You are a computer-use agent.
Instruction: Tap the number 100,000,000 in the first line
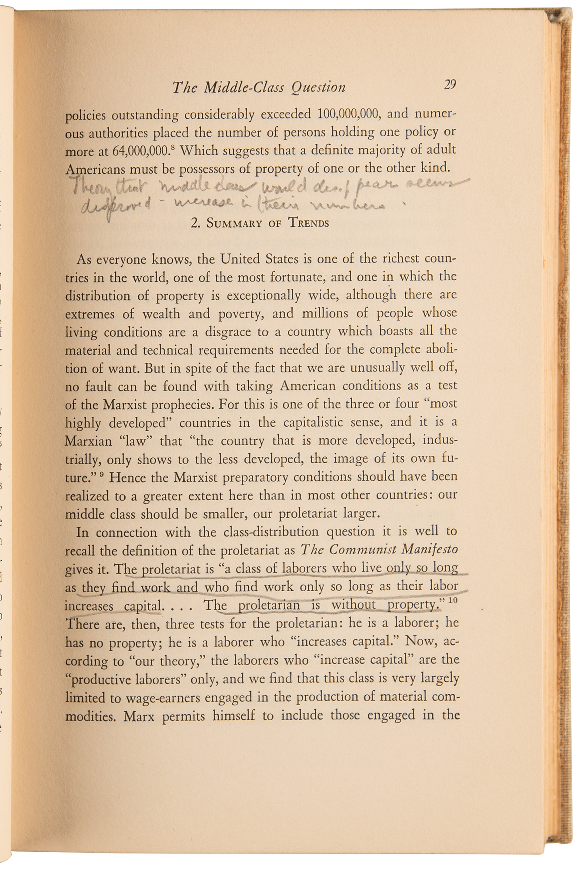coord(350,114)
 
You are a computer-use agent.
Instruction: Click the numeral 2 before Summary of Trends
coord(194,224)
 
